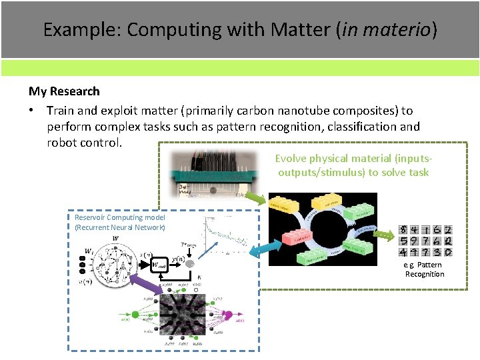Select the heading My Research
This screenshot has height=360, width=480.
coord(64,91)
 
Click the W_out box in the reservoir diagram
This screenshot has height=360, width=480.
coord(159,265)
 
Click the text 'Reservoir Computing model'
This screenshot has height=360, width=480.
coord(119,217)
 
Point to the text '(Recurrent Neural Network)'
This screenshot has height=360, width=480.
coord(119,227)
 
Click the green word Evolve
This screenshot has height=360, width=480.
coord(291,159)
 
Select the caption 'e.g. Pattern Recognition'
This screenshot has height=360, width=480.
coord(424,269)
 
